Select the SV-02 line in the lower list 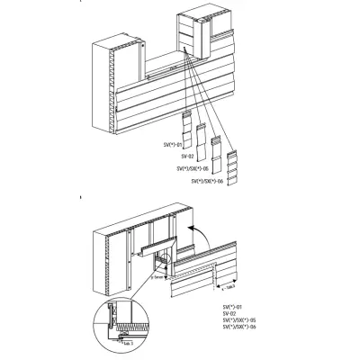(x=231, y=315)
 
